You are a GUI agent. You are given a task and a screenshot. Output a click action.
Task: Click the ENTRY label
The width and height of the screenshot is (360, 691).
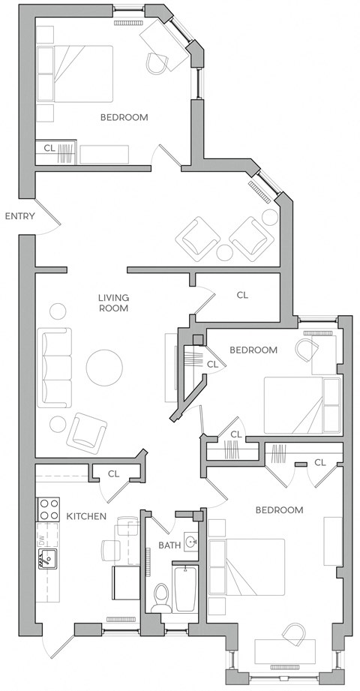(19, 216)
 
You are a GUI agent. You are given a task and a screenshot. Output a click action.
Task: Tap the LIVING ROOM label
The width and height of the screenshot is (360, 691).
(113, 302)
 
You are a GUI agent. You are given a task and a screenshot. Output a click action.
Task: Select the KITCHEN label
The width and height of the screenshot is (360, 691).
(86, 516)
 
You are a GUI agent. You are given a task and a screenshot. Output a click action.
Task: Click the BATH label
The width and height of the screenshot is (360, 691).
(169, 545)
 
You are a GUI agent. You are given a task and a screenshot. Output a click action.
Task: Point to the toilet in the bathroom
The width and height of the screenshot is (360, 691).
(160, 596)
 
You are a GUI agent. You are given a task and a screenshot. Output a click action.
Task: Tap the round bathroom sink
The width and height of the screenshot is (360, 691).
(191, 542)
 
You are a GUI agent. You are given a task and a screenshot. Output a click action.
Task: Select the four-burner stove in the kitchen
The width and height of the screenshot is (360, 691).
(49, 509)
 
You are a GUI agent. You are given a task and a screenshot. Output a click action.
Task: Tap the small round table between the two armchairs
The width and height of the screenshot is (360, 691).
(224, 253)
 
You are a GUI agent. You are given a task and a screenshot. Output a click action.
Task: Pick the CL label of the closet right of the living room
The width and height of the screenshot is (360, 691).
(242, 295)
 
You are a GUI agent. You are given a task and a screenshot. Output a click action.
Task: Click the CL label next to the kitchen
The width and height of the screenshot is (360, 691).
(113, 473)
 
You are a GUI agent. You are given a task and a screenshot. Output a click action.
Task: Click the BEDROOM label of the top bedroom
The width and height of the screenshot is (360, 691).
(124, 117)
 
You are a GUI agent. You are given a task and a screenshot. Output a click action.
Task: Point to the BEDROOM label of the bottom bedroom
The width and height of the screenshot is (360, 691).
(279, 510)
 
